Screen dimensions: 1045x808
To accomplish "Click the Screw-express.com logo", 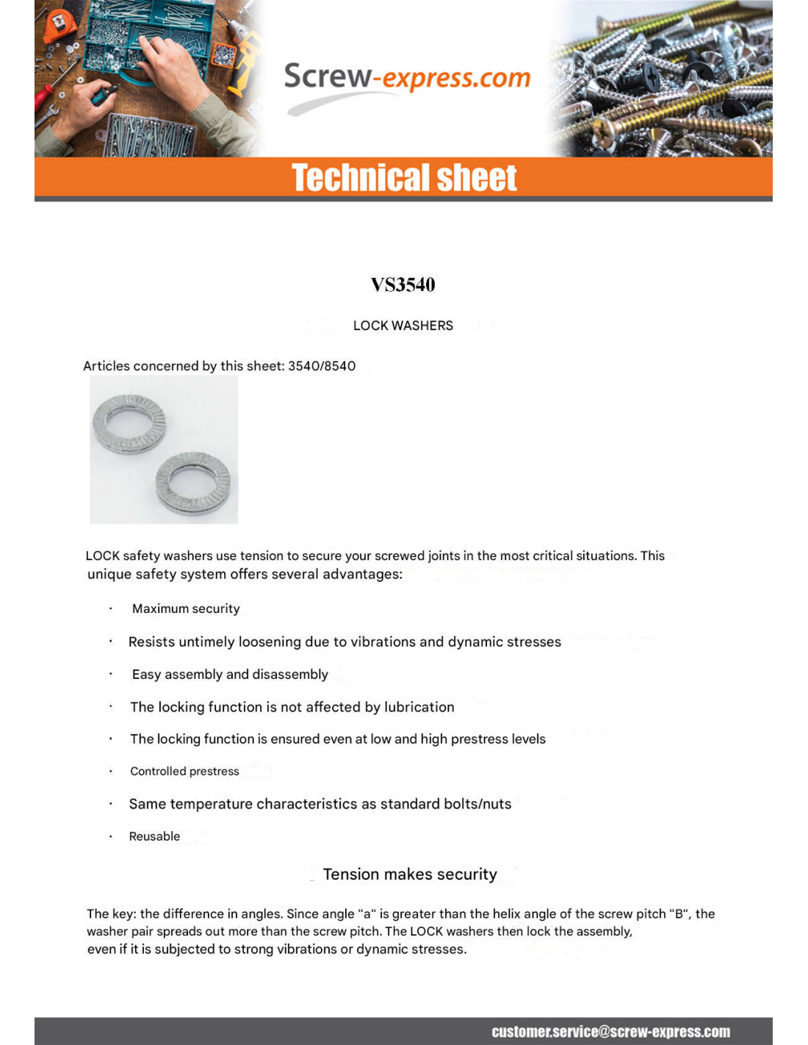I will point(406,78).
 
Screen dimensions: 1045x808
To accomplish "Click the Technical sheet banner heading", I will point(404,178).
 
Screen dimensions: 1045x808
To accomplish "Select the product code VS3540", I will point(403,284).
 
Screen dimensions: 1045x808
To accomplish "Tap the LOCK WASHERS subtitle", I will point(403,326).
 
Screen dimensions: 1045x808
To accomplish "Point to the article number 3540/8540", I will point(322,366).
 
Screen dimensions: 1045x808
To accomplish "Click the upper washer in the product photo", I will point(129,424).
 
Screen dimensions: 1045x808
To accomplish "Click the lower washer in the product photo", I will point(193,482).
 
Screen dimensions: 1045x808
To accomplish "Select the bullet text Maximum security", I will point(186,608).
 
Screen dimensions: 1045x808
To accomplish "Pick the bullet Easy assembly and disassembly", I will point(230,675).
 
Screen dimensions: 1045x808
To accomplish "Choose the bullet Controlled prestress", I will point(184,771).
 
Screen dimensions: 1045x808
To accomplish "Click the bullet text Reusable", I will point(154,836).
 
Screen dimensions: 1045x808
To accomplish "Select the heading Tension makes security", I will point(410,875).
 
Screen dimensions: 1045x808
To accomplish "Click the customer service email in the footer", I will point(610,1032).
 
